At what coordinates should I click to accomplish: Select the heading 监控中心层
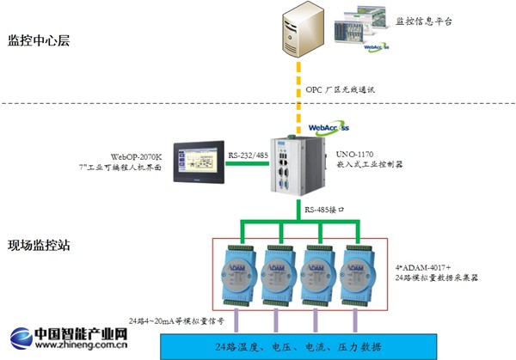pos(39,40)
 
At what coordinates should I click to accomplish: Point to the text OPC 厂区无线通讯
pos(342,88)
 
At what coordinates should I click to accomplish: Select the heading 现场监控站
pos(39,245)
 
